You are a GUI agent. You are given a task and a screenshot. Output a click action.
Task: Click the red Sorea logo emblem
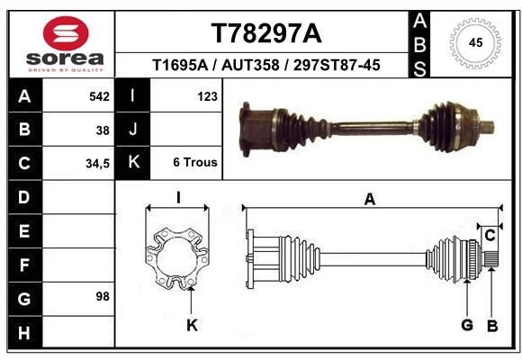[x=66, y=33]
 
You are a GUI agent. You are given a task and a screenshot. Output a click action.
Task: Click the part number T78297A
[x=266, y=33]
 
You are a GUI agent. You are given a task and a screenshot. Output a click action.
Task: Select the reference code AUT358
[x=250, y=65]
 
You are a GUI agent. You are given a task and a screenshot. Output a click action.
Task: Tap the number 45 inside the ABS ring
[x=475, y=43]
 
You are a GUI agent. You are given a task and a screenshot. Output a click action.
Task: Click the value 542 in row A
[x=99, y=96]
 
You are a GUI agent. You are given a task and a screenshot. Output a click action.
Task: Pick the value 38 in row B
[x=103, y=130]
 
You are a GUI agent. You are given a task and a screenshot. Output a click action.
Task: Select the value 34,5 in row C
[x=97, y=164]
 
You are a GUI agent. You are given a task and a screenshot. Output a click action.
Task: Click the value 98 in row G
[x=103, y=296]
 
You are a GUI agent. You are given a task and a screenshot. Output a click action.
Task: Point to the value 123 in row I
[x=207, y=96]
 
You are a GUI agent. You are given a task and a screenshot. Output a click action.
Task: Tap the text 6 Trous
[x=195, y=162]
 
